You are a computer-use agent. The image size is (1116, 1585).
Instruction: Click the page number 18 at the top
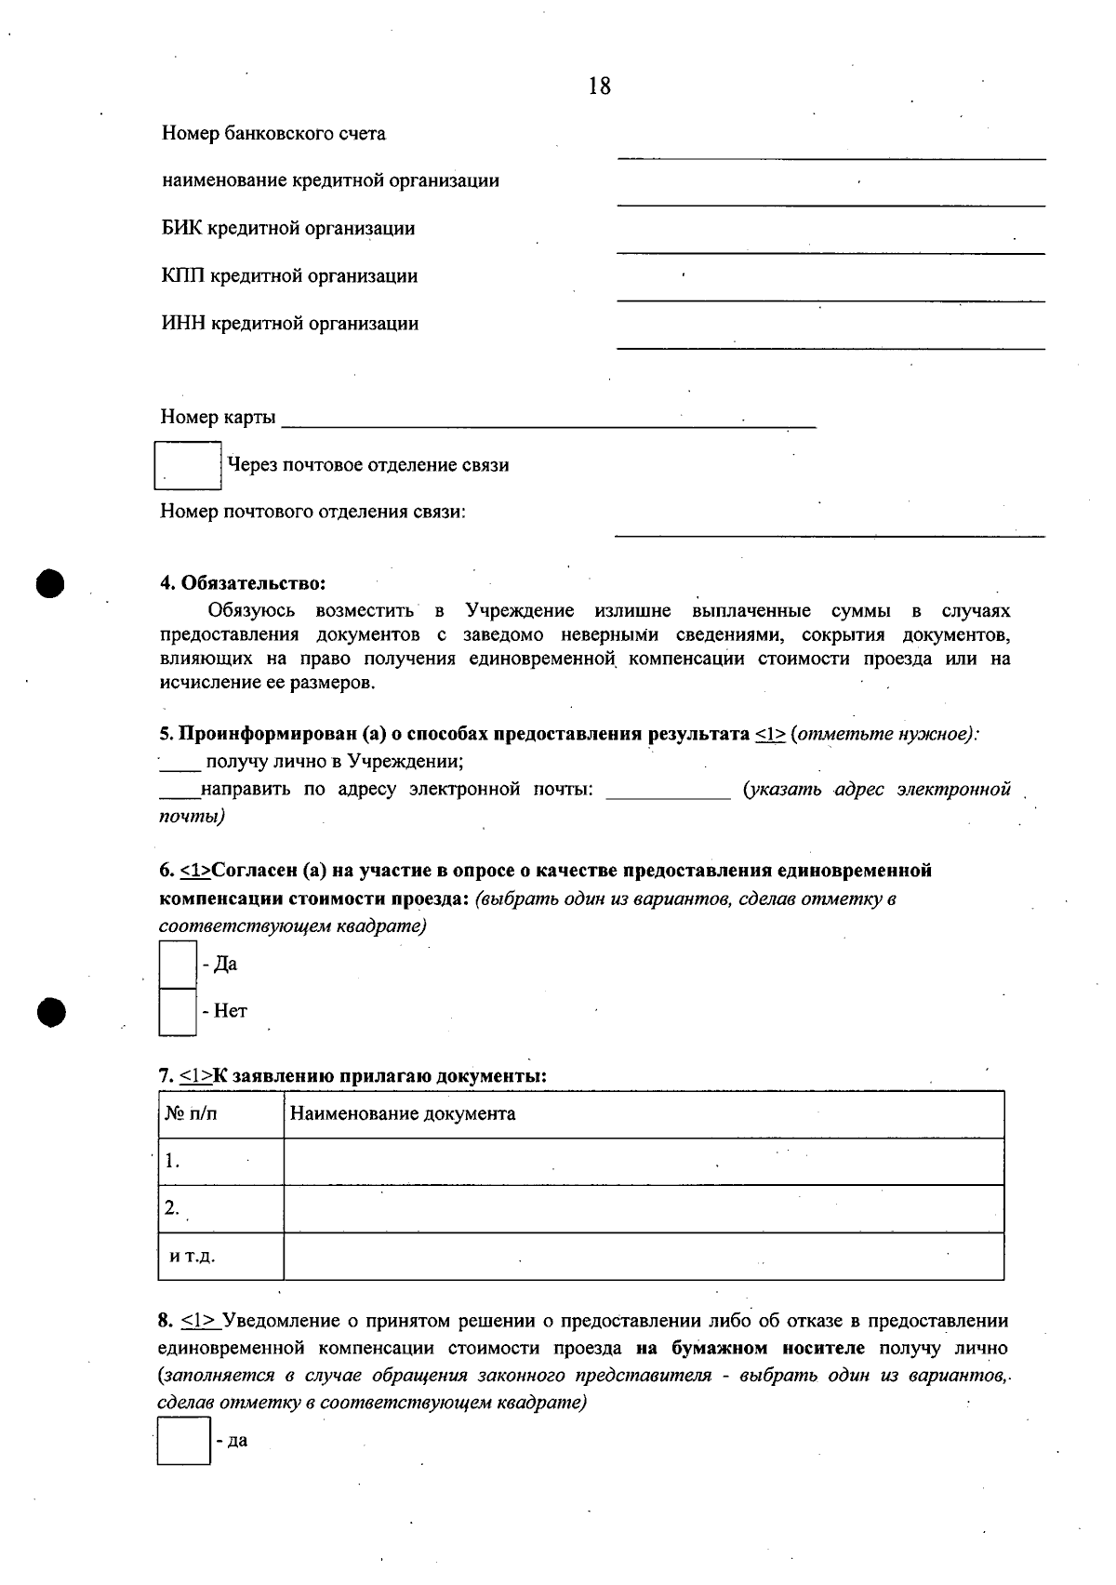click(x=600, y=87)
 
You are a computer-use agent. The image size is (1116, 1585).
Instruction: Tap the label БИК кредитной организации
click(x=288, y=229)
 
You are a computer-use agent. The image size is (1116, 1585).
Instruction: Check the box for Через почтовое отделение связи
click(x=187, y=466)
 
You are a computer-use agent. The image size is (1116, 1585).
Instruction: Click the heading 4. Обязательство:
click(x=243, y=583)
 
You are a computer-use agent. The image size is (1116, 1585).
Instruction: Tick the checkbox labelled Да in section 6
click(x=177, y=965)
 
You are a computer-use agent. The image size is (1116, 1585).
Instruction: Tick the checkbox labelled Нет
click(x=177, y=1012)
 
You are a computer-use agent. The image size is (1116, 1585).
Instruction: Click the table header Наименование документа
click(x=403, y=1114)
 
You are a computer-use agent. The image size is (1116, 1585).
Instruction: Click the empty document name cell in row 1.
click(x=643, y=1162)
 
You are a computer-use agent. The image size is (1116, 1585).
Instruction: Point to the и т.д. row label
click(x=193, y=1257)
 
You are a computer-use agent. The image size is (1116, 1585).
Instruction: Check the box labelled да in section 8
click(x=183, y=1442)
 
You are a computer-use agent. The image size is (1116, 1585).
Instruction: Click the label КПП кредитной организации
click(x=289, y=276)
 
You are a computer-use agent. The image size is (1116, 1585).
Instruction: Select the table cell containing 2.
click(x=220, y=1209)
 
